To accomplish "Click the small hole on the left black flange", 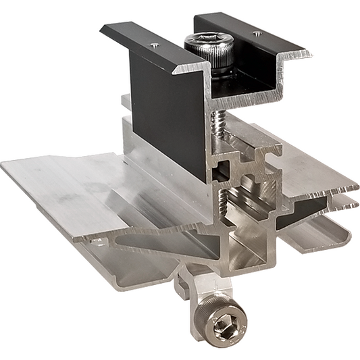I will pyautogui.click(x=155, y=45).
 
